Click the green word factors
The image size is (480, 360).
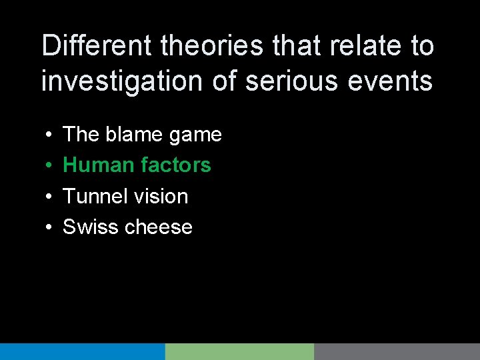pos(176,165)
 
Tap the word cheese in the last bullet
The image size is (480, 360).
pos(159,227)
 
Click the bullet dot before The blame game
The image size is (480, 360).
pos(49,135)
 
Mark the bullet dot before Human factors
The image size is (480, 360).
pos(49,166)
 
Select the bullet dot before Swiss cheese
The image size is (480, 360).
pos(49,228)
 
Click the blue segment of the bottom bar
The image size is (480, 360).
pos(82,351)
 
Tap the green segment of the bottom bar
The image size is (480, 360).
pos(239,351)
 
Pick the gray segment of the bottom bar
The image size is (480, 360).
pos(397,351)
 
